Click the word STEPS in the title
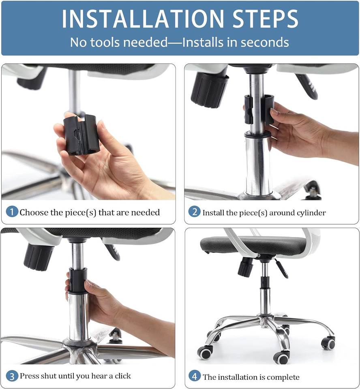coord(259,18)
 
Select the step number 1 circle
coord(12,212)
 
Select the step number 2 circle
coord(195,212)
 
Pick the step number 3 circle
coord(12,376)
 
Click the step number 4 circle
coord(195,376)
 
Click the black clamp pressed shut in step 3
coord(78,280)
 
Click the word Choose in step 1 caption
coord(33,212)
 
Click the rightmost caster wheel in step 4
coord(328,343)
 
